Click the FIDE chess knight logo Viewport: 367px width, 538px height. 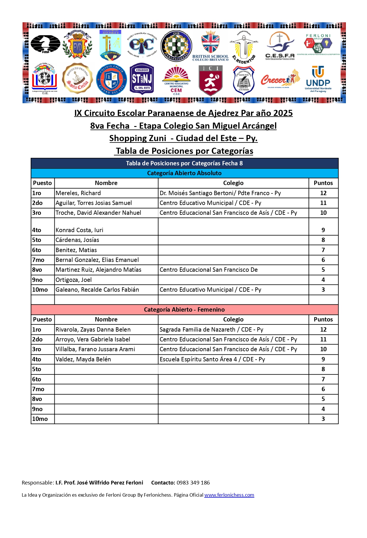(x=45, y=44)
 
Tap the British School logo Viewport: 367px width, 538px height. (x=211, y=46)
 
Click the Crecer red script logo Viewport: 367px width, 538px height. (x=280, y=79)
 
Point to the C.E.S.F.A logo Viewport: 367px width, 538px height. (x=280, y=46)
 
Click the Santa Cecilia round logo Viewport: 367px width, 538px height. (x=77, y=79)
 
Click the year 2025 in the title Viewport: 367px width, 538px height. (x=283, y=113)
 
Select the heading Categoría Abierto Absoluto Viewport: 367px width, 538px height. (x=184, y=173)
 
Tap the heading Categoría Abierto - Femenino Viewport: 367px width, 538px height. (x=184, y=310)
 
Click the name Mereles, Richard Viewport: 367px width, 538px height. (x=78, y=193)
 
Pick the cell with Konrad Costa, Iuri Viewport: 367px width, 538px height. (x=80, y=230)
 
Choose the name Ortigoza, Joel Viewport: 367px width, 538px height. (x=74, y=280)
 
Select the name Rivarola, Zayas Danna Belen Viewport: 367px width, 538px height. (x=93, y=330)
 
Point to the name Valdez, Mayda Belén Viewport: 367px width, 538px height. (x=83, y=359)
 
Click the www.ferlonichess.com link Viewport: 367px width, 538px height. (x=229, y=495)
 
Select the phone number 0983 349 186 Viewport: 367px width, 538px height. (x=193, y=482)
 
